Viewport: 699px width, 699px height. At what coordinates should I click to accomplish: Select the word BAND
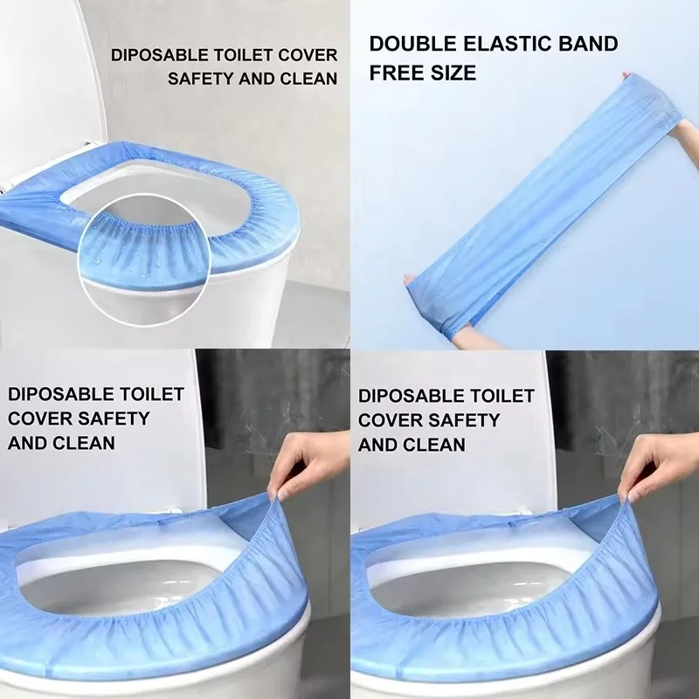click(x=588, y=44)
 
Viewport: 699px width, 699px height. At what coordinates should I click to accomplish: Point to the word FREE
click(x=393, y=72)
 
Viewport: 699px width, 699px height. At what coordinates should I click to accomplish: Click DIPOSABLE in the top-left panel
click(x=164, y=55)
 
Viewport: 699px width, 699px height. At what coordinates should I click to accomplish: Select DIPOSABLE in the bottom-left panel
click(x=59, y=394)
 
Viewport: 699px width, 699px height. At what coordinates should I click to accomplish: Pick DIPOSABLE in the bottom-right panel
click(x=410, y=397)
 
